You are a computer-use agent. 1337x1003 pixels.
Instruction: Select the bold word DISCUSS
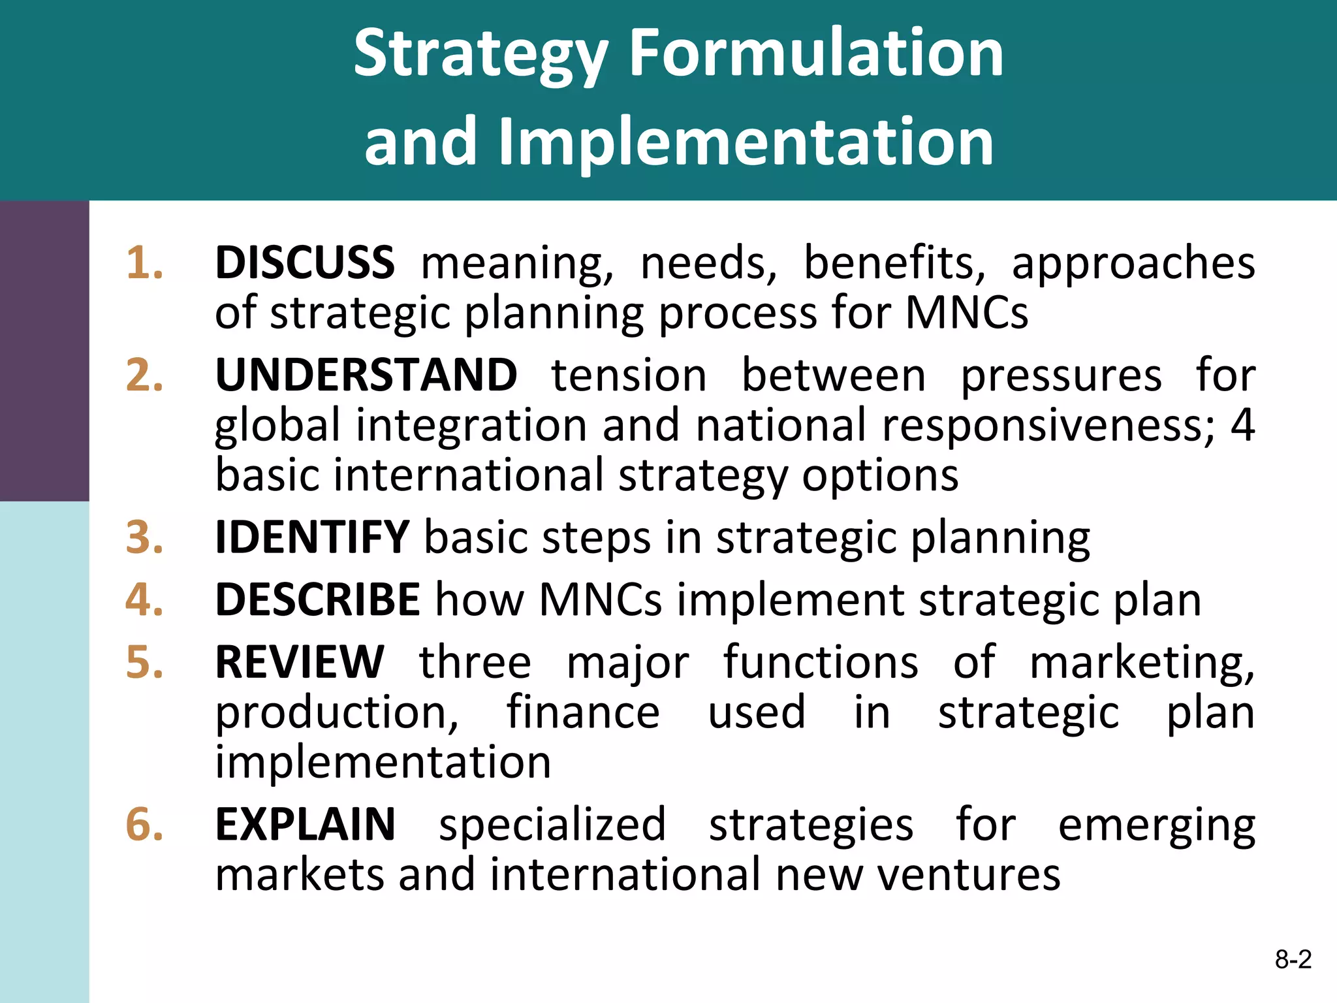click(305, 263)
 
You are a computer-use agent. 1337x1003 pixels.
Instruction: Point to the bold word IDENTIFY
click(312, 537)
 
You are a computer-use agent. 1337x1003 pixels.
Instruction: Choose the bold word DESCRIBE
click(318, 599)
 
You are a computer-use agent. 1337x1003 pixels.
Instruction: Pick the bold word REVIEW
click(300, 661)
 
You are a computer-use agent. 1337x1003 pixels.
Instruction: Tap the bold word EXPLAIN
click(306, 824)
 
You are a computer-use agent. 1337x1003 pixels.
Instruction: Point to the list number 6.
click(144, 824)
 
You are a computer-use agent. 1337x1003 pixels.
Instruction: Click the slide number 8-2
click(1293, 959)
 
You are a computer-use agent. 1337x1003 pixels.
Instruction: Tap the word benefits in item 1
click(894, 263)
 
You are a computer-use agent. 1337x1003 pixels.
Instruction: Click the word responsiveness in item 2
click(1048, 426)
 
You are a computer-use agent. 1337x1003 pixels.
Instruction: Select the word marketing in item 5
click(1141, 663)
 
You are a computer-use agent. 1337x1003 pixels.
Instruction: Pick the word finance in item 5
click(583, 711)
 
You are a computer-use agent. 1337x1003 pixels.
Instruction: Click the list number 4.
click(144, 599)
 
